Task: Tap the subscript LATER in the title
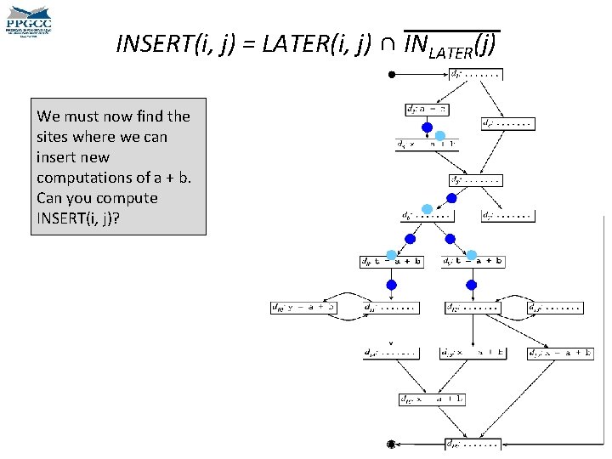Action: [x=448, y=54]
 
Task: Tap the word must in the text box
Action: [x=79, y=116]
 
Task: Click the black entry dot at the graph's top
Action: [x=392, y=75]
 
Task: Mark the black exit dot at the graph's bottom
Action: [x=390, y=444]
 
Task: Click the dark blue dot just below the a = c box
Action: [x=428, y=127]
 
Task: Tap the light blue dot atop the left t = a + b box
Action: [x=391, y=254]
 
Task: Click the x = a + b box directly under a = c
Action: [x=426, y=144]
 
